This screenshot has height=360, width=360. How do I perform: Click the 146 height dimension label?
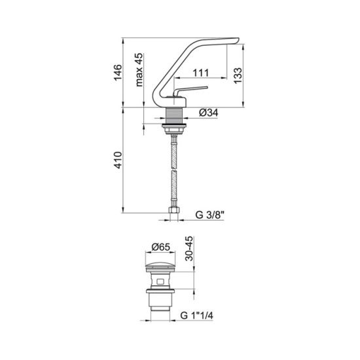[118, 73]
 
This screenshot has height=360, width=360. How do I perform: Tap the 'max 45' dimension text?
[139, 70]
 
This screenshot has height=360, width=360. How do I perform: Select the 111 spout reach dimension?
[201, 73]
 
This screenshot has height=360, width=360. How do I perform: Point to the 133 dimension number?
[238, 75]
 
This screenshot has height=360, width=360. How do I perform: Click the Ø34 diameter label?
[209, 113]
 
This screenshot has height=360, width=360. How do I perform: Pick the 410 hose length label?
[118, 160]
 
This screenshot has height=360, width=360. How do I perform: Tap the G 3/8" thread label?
[209, 215]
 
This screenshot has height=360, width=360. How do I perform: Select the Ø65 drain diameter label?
[161, 247]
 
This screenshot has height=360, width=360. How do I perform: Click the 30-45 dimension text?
[189, 249]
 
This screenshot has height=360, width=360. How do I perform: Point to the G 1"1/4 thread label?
[197, 315]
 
